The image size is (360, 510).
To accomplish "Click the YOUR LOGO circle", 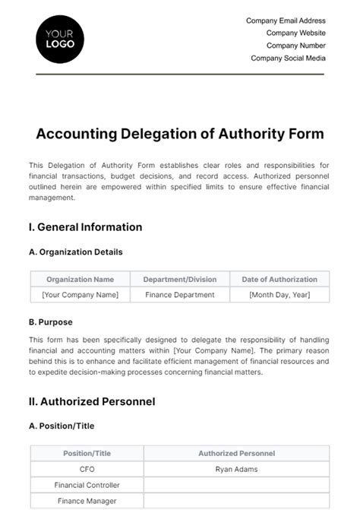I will tap(60, 39).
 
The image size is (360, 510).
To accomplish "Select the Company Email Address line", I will tap(286, 21).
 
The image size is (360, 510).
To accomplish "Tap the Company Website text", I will tap(295, 33).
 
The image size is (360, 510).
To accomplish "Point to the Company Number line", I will tap(295, 46).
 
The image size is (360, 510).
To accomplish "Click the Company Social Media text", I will tap(288, 58).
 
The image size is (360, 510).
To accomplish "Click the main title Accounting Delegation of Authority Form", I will tap(180, 134).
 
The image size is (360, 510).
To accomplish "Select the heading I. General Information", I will tap(85, 226).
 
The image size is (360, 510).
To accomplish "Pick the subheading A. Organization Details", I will tap(75, 252).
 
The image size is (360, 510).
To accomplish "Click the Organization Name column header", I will tap(80, 279).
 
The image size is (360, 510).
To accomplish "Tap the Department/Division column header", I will tap(179, 279).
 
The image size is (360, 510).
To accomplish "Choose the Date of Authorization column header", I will tap(279, 279).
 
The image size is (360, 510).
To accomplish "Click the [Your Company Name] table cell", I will tap(80, 295).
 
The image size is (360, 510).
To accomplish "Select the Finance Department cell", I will tap(179, 295).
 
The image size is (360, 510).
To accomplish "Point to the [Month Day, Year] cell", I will tap(279, 295).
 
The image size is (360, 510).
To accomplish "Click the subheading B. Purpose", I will tap(52, 322).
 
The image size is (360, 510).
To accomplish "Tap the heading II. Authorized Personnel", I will tap(92, 401).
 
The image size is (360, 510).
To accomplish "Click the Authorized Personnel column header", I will tap(236, 453).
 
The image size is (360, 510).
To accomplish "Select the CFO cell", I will tap(87, 469).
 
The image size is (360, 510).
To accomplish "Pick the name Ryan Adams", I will tap(236, 469).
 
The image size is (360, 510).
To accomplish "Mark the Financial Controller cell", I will tap(87, 485).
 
